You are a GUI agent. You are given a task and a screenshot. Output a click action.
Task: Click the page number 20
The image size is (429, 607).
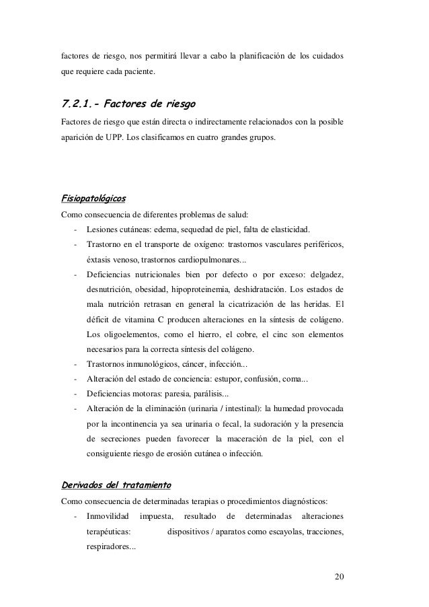click(x=337, y=578)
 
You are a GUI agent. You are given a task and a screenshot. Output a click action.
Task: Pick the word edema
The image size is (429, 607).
click(x=167, y=230)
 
